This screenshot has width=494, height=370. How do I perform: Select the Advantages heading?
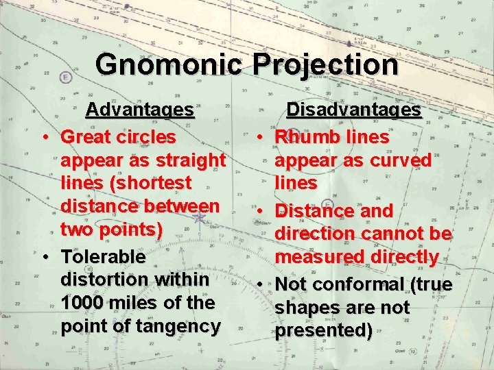(139, 110)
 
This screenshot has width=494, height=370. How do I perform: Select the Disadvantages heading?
(353, 110)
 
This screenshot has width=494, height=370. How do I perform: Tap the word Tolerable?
(104, 257)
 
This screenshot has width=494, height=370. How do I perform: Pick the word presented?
(324, 330)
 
